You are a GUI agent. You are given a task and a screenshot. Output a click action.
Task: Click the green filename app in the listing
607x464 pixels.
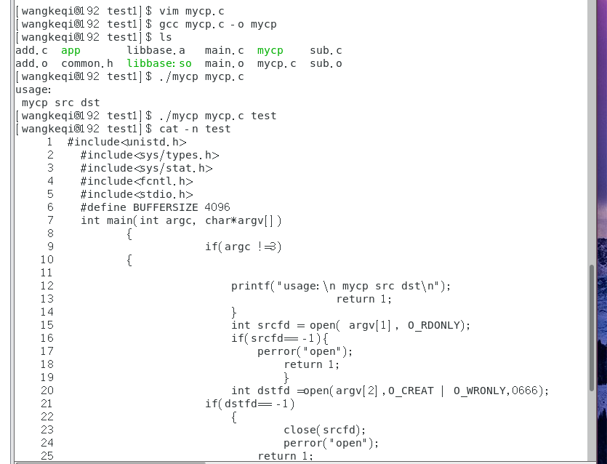click(x=71, y=50)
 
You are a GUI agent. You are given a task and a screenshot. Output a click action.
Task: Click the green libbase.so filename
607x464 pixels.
click(x=159, y=63)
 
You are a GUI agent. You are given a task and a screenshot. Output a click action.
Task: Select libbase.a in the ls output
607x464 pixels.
click(x=156, y=50)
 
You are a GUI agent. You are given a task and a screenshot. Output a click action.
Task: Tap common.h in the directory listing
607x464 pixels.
click(x=87, y=63)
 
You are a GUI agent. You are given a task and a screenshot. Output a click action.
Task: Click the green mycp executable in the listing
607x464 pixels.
click(x=270, y=50)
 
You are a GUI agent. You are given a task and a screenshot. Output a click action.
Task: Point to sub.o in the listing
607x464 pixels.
click(x=326, y=63)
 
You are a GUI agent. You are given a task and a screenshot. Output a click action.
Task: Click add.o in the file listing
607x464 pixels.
click(x=31, y=63)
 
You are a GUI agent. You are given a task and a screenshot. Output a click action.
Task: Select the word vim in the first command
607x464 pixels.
click(x=169, y=11)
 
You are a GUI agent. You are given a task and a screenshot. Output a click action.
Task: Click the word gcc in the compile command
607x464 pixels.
click(x=169, y=24)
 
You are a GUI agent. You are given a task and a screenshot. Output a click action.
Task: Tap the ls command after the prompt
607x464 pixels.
click(x=165, y=37)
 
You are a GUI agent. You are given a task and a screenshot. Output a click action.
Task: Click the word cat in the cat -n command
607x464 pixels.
click(x=169, y=129)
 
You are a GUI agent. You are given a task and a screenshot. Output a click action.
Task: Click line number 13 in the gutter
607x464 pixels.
click(x=47, y=299)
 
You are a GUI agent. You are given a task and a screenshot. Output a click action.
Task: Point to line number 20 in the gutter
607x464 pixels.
click(x=47, y=391)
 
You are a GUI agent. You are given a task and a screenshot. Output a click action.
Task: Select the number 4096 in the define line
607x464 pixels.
click(x=217, y=207)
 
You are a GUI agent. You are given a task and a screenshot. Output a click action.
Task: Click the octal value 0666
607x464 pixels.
click(x=525, y=391)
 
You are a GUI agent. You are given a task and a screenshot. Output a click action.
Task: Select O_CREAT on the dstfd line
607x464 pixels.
click(x=411, y=391)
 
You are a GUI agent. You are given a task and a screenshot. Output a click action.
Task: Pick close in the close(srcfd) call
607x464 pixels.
click(x=300, y=430)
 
